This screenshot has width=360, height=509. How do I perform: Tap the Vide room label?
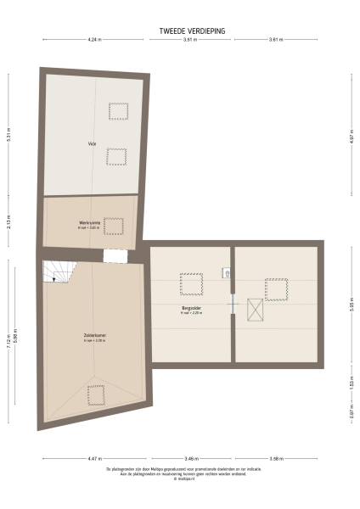(91, 144)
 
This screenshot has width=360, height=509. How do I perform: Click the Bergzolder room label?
(190, 309)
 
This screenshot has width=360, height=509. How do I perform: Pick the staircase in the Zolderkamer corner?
(59, 271)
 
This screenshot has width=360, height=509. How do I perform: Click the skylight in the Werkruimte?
(114, 226)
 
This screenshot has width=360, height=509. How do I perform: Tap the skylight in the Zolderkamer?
(96, 394)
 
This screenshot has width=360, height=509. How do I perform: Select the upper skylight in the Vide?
(118, 111)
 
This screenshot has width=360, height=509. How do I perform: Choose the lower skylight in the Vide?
(115, 156)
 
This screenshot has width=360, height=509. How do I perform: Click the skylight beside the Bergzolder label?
(191, 284)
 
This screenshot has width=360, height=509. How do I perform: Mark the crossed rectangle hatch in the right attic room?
(254, 310)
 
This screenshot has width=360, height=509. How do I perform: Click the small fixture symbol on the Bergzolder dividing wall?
(228, 272)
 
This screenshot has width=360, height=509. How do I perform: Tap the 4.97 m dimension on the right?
(351, 136)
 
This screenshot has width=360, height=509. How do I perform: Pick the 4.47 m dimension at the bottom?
(92, 459)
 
